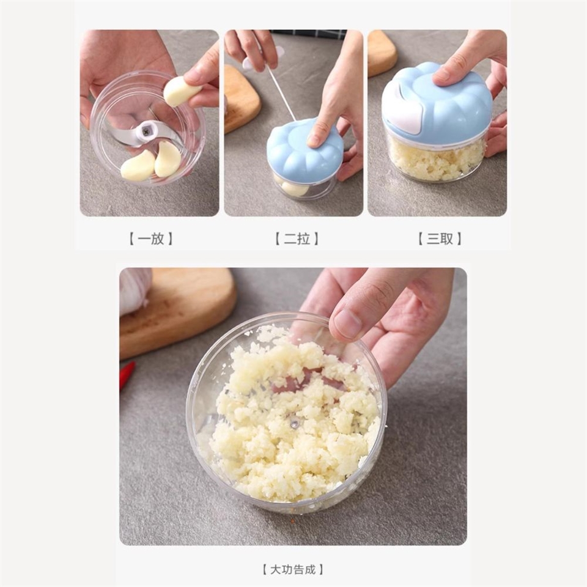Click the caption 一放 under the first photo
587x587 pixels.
(151, 238)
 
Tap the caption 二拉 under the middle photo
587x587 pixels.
(297, 238)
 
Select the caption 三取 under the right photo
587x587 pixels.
(440, 238)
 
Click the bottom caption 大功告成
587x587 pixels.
(293, 570)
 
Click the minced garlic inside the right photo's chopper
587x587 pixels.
(435, 158)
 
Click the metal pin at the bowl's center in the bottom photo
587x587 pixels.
(295, 424)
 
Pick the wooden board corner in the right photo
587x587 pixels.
(381, 54)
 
